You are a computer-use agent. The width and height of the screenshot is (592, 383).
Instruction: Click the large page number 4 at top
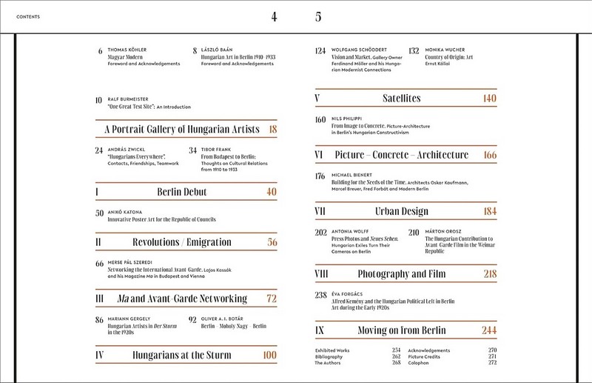click(274, 17)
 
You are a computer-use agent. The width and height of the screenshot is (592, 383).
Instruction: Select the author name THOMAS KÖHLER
click(127, 50)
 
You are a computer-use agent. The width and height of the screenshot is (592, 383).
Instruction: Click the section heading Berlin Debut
click(181, 192)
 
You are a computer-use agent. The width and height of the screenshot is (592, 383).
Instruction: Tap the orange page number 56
click(272, 242)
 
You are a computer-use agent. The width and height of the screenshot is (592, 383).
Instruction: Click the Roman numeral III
click(100, 299)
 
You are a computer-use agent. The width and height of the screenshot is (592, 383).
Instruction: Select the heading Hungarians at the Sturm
click(181, 356)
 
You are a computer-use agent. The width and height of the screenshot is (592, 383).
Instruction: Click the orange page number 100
click(269, 356)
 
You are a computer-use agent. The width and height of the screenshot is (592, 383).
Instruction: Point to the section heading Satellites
click(402, 98)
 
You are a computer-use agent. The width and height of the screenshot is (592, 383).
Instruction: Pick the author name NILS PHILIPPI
click(351, 119)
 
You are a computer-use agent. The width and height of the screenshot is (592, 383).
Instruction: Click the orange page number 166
click(489, 155)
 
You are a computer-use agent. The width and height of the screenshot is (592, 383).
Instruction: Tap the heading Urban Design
click(402, 211)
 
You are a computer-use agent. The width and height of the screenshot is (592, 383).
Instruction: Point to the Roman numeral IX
click(319, 330)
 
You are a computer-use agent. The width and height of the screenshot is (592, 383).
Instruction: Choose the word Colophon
click(421, 363)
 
